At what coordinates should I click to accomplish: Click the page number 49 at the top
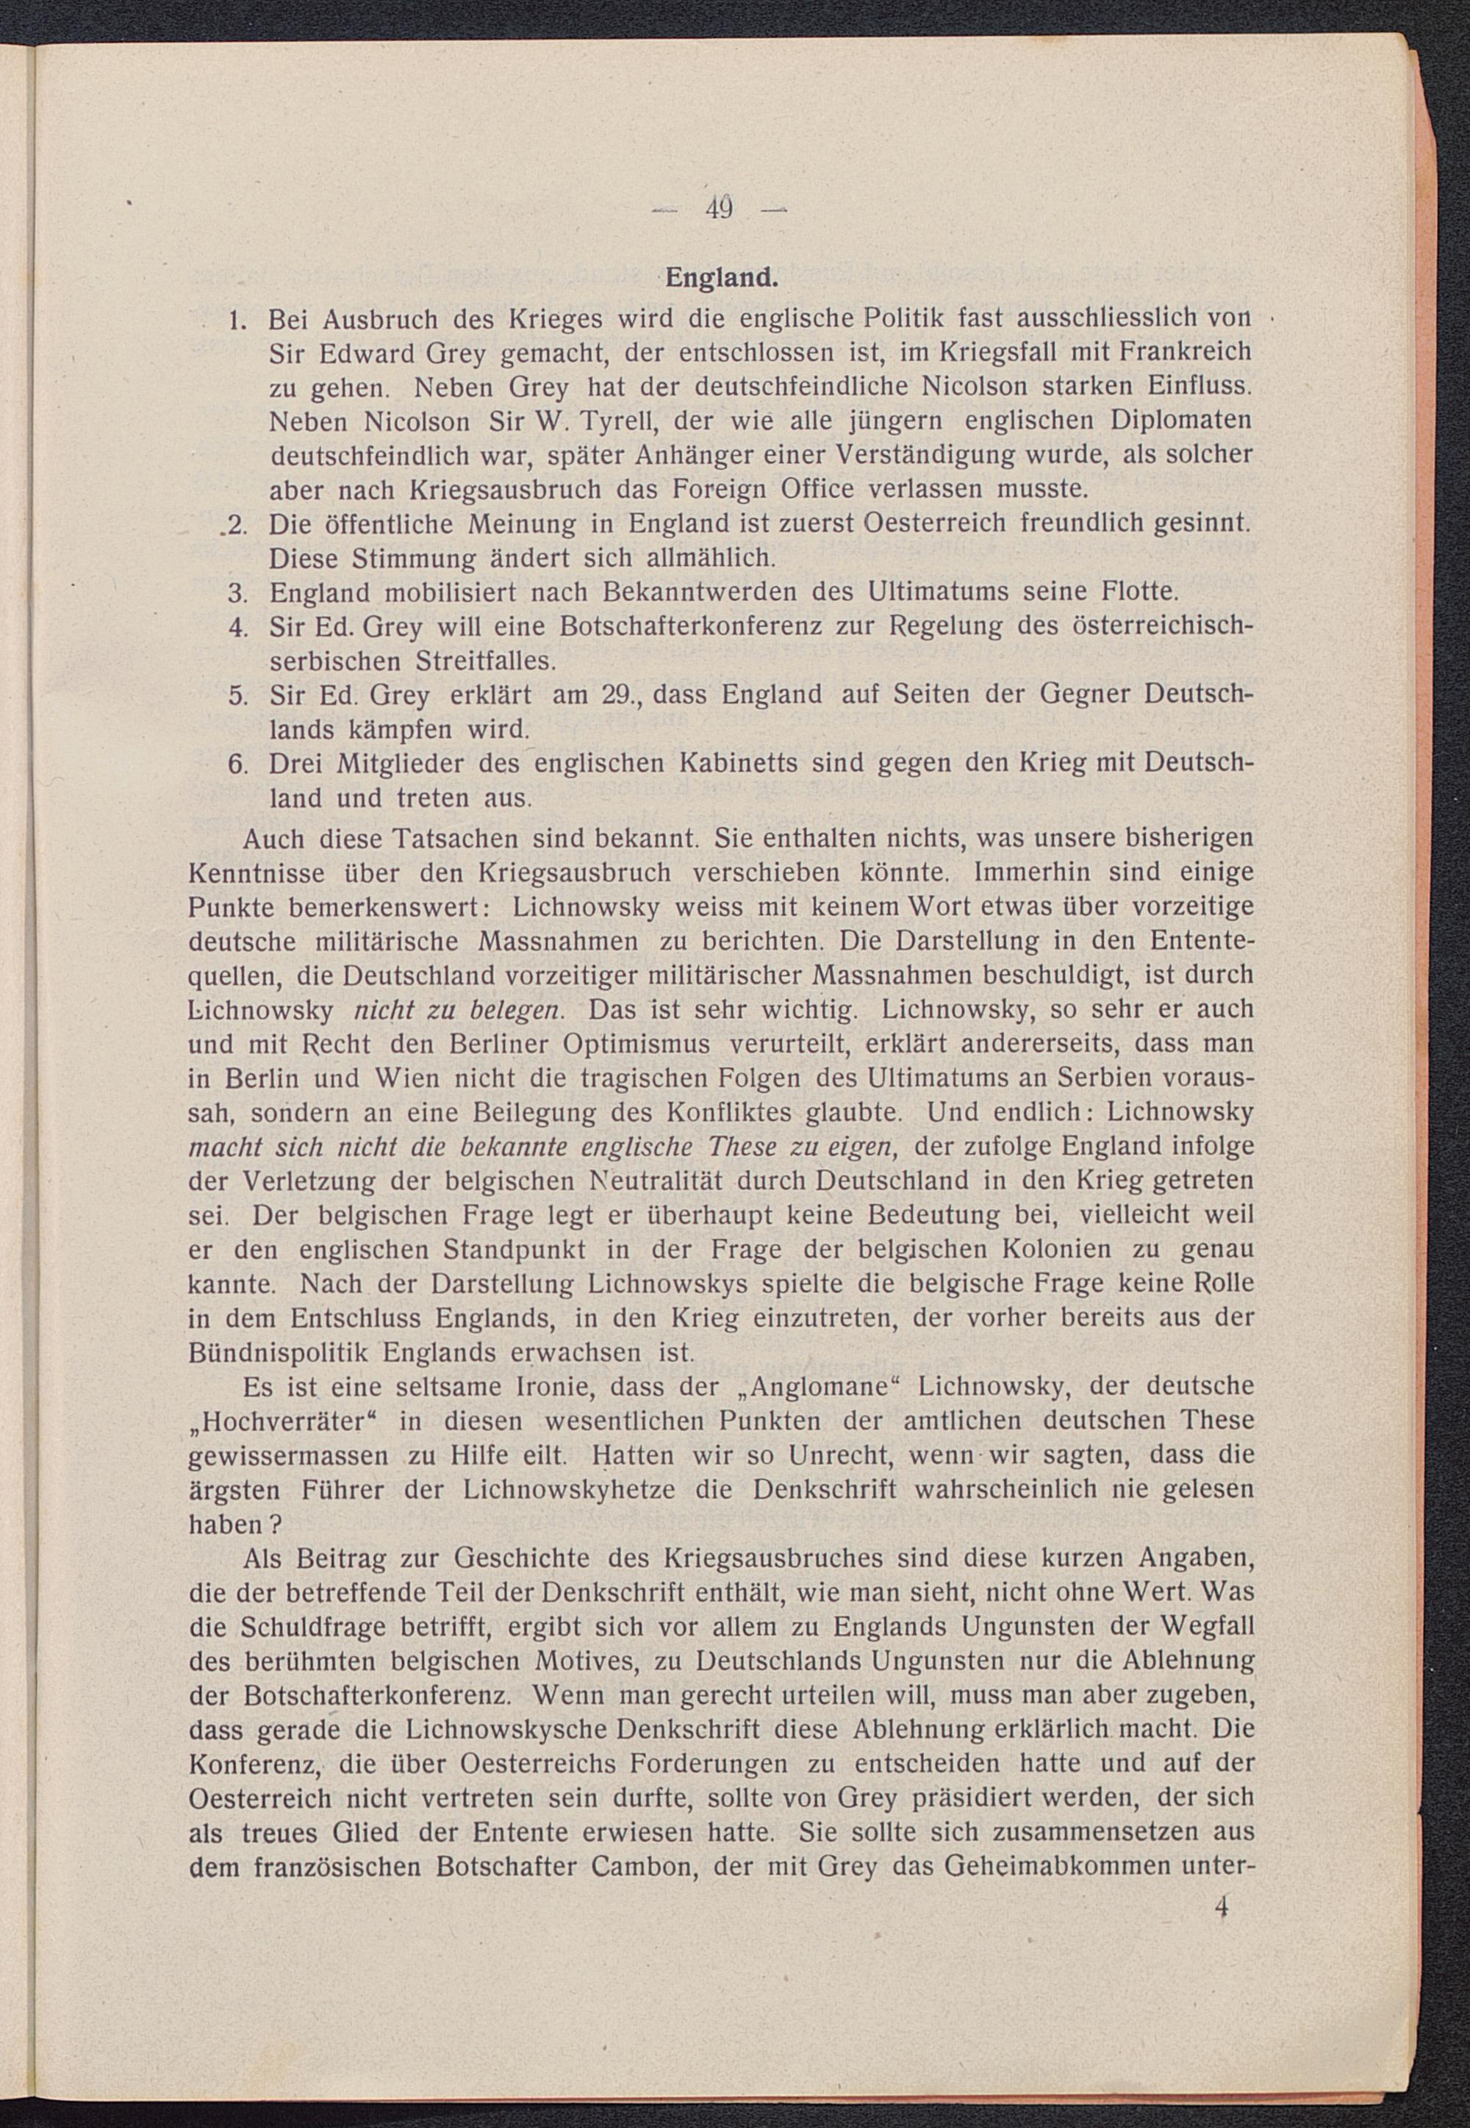[x=720, y=209]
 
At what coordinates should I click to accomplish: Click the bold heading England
[x=721, y=277]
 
